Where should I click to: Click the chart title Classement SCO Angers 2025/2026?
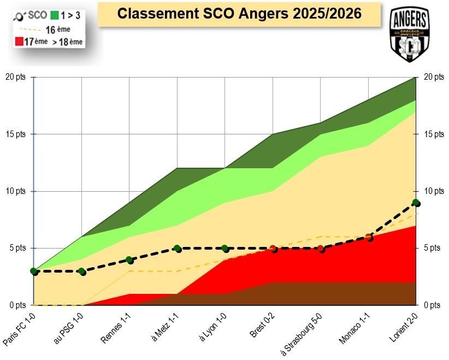coord(240,14)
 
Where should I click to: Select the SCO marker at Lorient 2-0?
coord(416,203)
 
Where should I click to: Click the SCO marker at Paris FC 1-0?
coord(33,271)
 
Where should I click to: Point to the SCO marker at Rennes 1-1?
coord(129,260)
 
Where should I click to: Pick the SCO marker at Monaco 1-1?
coord(369,237)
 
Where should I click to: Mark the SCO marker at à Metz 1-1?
coord(177,249)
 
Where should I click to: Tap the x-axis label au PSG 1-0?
coord(69,329)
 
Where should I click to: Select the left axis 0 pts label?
coord(17,305)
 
